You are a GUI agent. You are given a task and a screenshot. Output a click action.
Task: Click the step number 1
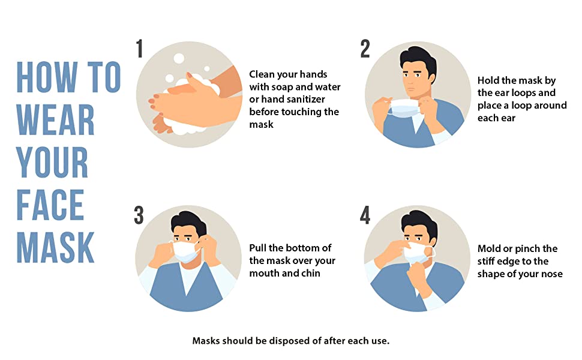click(140, 49)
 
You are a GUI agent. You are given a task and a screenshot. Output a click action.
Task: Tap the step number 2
click(365, 49)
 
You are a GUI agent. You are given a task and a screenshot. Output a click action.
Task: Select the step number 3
click(139, 215)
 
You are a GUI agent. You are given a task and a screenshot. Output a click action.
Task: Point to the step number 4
click(365, 215)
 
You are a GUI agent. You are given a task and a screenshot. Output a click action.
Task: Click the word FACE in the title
click(50, 205)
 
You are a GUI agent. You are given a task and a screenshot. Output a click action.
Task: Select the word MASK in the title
click(56, 248)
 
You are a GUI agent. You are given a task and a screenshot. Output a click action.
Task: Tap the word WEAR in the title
click(56, 119)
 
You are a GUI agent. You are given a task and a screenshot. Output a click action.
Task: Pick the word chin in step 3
click(310, 273)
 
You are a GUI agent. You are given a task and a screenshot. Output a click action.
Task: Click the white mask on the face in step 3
click(185, 251)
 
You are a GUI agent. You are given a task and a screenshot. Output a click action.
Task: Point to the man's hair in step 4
click(420, 223)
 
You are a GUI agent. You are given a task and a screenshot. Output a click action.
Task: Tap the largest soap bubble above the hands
click(179, 59)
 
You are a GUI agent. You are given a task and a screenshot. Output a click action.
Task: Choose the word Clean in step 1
click(262, 74)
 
